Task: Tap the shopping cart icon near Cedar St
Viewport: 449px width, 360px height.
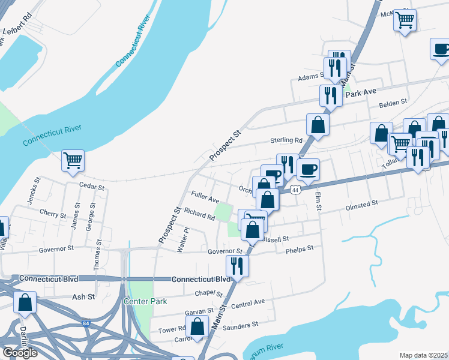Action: [x=73, y=160]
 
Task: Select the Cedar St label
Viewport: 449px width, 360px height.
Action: [x=92, y=187]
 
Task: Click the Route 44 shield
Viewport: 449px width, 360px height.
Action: [x=294, y=190]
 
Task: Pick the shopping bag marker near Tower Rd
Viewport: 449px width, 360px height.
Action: [x=197, y=327]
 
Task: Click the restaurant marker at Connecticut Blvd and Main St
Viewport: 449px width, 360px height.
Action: [x=237, y=266]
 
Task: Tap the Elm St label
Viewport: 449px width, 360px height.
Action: [x=319, y=202]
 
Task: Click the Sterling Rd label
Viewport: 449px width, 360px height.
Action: [x=290, y=140]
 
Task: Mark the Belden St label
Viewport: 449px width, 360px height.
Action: [x=393, y=104]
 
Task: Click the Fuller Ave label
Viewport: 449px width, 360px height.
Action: [x=205, y=196]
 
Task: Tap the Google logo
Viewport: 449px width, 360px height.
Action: [x=20, y=353]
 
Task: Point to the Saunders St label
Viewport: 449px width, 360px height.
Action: [x=241, y=325]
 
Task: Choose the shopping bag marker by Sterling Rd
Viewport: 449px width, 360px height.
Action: [x=318, y=125]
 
